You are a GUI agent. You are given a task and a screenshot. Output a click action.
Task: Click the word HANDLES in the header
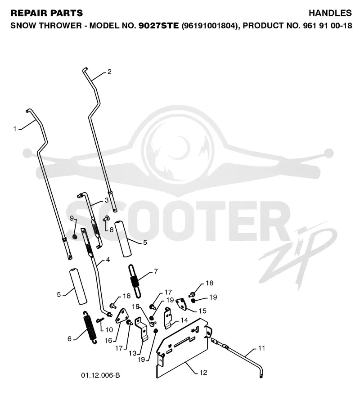tap(330, 13)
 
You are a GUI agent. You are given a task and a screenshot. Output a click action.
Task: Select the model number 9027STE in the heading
tap(159, 26)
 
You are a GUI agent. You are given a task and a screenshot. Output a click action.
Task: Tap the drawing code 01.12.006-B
tap(100, 375)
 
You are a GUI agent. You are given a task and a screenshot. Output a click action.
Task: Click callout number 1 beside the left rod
tap(15, 129)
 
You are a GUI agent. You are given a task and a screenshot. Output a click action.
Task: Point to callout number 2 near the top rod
tap(109, 72)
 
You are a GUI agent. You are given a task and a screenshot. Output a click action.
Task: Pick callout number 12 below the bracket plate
tap(203, 373)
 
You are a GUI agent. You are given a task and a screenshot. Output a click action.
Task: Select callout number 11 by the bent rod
tap(261, 348)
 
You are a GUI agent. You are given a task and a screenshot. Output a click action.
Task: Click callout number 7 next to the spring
tap(156, 271)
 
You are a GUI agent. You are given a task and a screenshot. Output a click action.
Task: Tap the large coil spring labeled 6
tap(90, 327)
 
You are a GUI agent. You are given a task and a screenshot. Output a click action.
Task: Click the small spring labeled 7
tap(135, 281)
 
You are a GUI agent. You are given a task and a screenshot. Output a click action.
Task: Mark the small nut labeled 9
tap(75, 237)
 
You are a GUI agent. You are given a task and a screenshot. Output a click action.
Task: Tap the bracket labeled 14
tap(168, 318)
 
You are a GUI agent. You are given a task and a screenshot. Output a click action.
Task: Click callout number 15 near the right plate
tap(202, 311)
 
